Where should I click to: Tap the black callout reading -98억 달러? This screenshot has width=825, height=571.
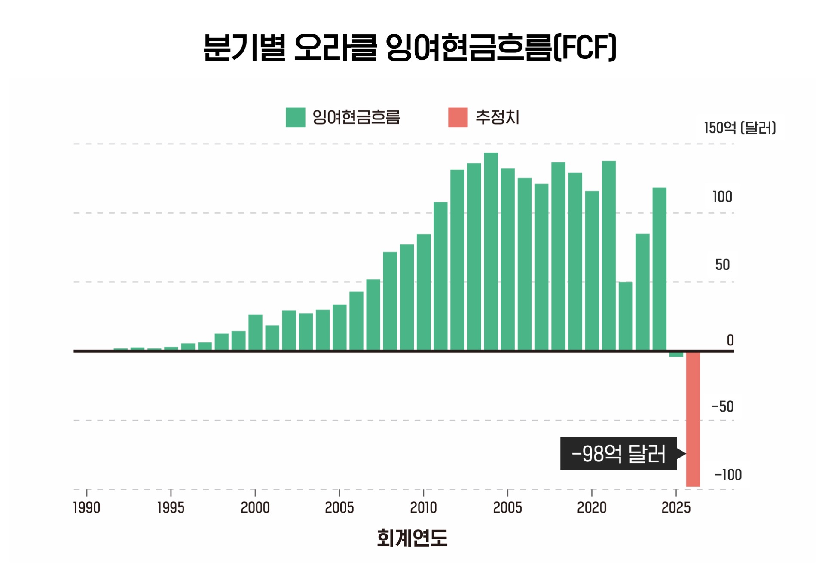point(618,454)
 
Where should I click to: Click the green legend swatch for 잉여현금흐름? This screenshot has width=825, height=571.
point(295,117)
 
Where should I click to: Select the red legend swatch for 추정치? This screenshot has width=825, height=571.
point(458,117)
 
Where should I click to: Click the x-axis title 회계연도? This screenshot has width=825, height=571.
point(412,537)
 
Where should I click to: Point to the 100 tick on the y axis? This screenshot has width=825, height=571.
point(722,197)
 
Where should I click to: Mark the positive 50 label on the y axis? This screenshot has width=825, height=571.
point(722,265)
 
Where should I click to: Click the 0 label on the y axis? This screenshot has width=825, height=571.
point(730,340)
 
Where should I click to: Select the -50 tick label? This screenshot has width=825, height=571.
point(722,406)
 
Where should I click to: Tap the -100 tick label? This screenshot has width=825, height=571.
point(728,475)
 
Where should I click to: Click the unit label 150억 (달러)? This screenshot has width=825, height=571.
point(739,128)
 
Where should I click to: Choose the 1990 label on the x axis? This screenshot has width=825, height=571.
point(87,507)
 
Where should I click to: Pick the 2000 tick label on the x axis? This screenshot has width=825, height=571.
point(255,507)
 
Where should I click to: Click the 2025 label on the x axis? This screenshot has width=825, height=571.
point(676,507)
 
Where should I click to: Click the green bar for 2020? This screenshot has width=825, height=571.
point(592,271)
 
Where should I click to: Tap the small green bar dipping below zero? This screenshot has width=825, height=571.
point(676,354)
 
